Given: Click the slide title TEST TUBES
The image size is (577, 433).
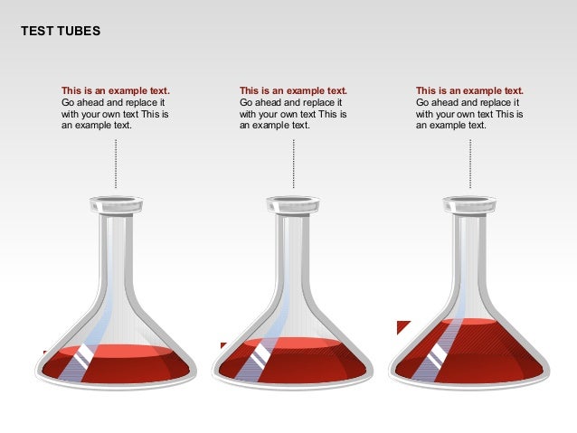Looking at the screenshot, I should click(61, 32).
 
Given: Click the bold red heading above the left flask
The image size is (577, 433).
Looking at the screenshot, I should click(115, 91).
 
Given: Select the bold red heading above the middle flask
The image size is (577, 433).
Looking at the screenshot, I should click(293, 91).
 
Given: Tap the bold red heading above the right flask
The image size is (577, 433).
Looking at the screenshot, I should click(469, 91).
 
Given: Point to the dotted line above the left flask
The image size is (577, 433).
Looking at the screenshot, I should click(116, 164).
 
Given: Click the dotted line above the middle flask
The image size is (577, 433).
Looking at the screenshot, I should click(293, 164).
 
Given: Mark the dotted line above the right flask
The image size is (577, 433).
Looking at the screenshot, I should click(470, 164).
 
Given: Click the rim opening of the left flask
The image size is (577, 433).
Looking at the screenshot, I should click(116, 202).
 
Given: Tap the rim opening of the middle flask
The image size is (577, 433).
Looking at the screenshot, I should click(293, 202).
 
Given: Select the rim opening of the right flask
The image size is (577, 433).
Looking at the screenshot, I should click(470, 202).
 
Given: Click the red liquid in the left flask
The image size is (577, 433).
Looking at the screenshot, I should click(136, 363).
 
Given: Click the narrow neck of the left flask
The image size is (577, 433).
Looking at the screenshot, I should click(116, 244).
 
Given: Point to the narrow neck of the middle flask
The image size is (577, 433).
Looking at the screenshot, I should click(293, 244).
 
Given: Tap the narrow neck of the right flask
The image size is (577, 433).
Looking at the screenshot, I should click(470, 244).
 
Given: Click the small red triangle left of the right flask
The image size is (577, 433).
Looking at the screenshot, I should click(402, 325).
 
